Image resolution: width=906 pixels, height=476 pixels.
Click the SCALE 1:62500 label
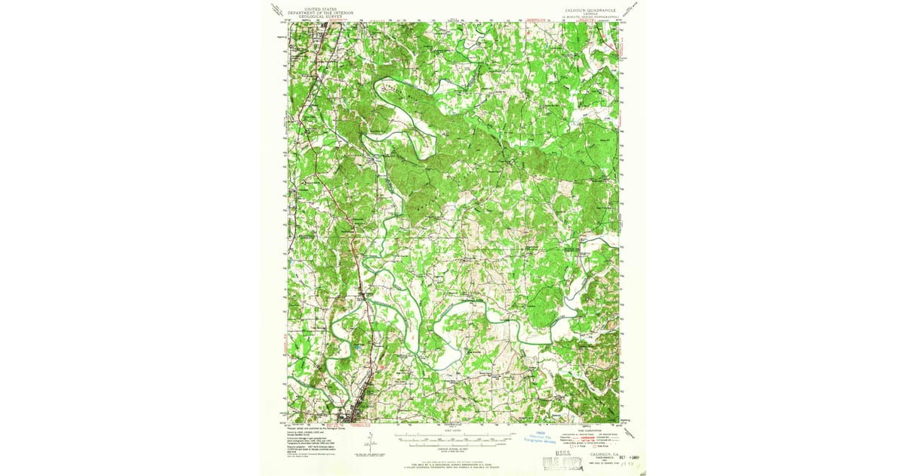[x=453, y=428]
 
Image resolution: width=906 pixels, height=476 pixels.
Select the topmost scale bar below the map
[x=453, y=434]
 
